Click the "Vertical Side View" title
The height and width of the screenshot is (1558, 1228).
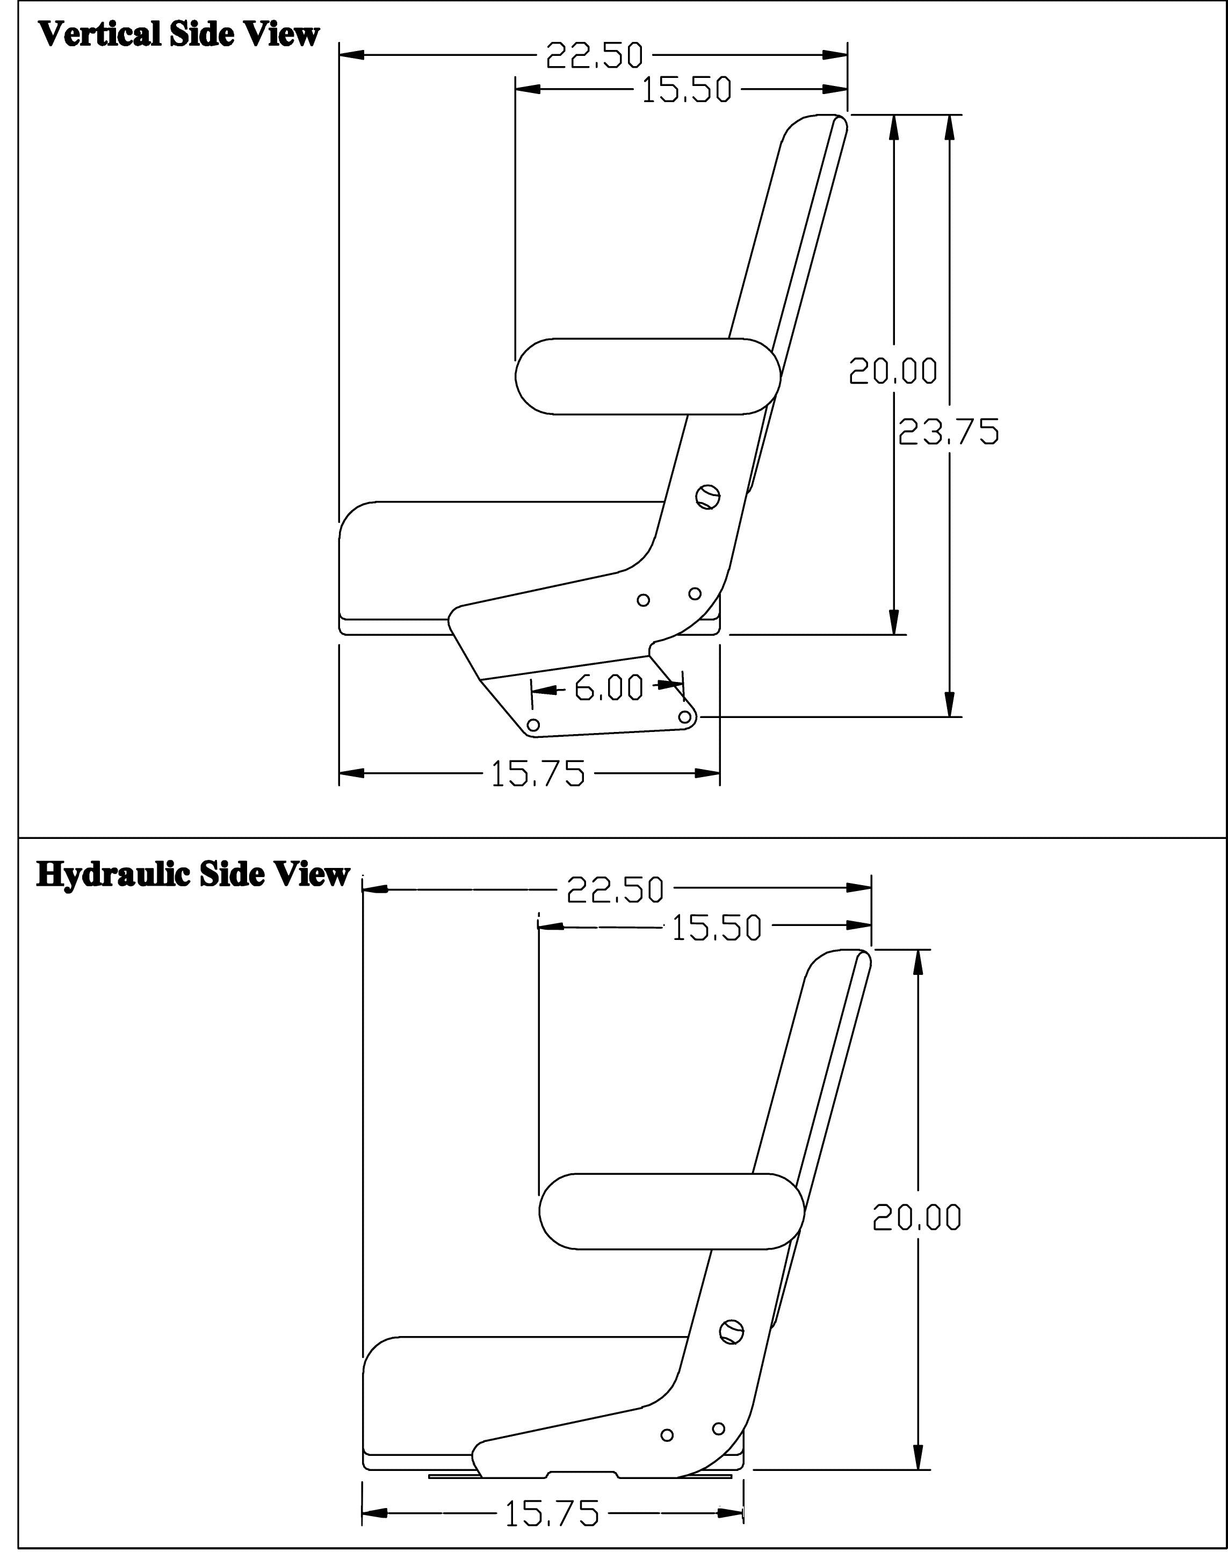[x=178, y=34]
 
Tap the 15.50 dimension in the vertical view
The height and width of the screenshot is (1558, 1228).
[x=686, y=90]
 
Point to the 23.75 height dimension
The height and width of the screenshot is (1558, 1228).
[x=949, y=432]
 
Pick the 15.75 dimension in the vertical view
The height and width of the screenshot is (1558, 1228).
[x=538, y=774]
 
